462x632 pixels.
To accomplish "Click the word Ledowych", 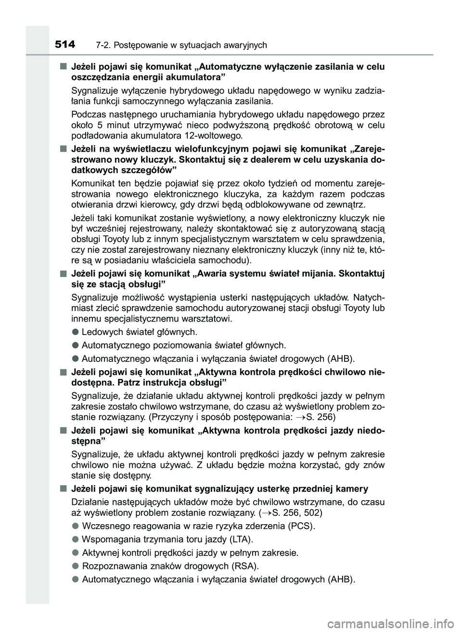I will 102,332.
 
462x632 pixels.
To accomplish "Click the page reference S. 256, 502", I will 295,512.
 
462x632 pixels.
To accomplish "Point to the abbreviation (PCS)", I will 301,526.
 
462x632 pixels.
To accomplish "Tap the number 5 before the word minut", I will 97,126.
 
